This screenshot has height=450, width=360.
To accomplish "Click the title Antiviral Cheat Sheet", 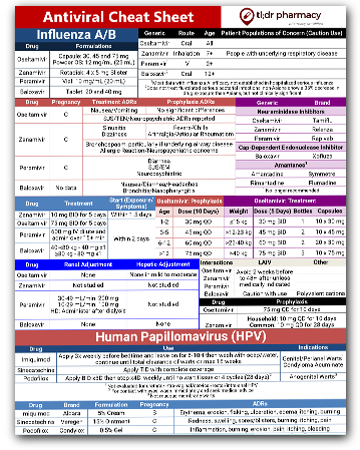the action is tap(106, 19).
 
